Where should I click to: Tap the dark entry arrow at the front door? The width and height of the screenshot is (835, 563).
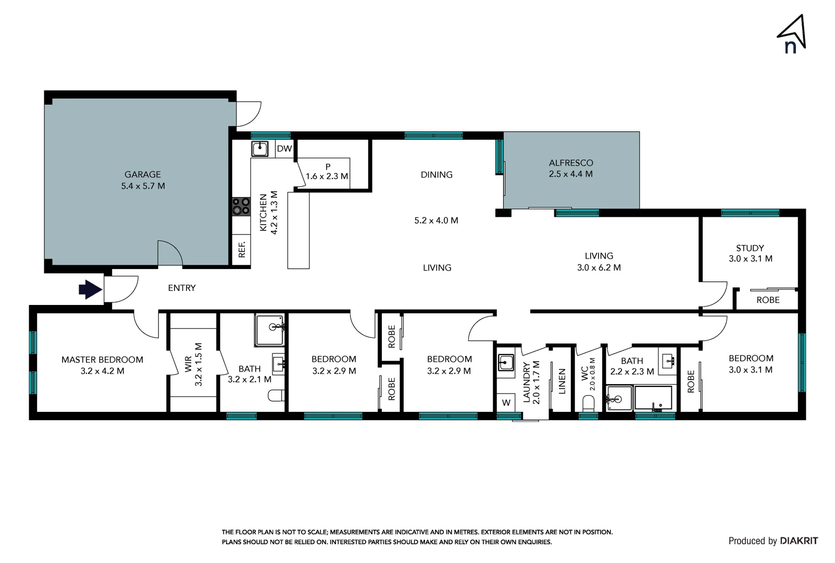[90, 289]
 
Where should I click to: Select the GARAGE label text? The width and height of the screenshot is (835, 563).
[142, 175]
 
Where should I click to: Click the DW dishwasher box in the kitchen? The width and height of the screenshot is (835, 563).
[284, 149]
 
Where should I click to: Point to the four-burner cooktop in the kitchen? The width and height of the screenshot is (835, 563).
[241, 206]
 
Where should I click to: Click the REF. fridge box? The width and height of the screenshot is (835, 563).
[242, 249]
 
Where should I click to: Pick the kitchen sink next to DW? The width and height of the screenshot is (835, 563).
[259, 149]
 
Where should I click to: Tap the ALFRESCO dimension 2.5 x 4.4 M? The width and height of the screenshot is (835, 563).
[570, 174]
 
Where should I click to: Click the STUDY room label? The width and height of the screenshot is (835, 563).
[750, 248]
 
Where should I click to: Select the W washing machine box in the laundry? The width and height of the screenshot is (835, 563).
[506, 402]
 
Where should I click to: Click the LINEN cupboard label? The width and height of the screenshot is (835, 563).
[562, 381]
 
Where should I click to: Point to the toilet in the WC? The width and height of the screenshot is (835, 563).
[588, 402]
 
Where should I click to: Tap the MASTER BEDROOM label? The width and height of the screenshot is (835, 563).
[102, 360]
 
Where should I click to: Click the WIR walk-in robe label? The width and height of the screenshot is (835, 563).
[188, 364]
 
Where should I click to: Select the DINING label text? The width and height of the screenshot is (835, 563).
[437, 175]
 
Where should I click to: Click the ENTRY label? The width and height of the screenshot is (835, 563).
[182, 288]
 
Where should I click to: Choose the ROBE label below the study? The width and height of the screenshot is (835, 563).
[768, 300]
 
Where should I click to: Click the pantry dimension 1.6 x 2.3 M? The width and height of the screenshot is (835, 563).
[327, 176]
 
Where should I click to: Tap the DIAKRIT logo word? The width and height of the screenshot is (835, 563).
[799, 541]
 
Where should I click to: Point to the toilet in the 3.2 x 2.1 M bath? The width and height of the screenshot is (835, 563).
[276, 396]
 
